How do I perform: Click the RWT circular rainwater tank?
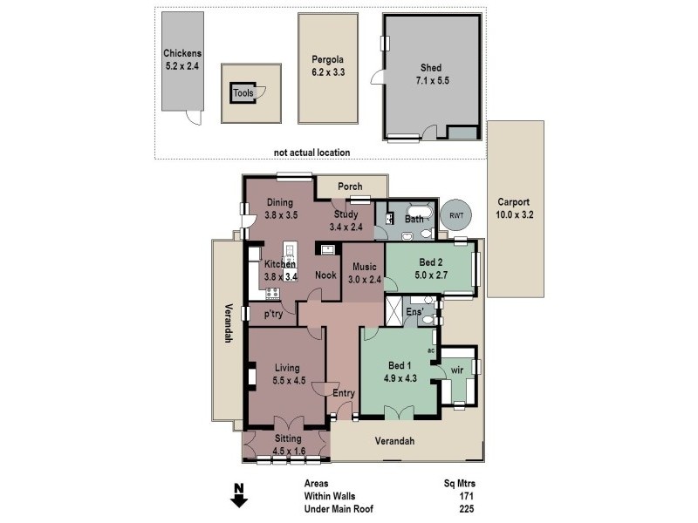pos(455,215)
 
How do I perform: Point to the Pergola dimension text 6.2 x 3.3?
pos(328,72)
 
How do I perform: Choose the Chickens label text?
pos(181,52)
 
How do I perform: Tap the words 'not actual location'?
pos(311,153)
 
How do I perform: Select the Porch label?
pos(350,187)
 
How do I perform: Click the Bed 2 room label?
pos(431,262)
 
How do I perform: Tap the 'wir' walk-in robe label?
pos(456,370)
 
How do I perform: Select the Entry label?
pos(344,393)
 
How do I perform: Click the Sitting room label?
pos(288,438)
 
